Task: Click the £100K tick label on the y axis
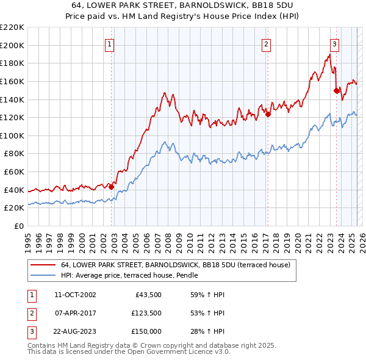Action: point(12,135)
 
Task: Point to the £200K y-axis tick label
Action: point(12,45)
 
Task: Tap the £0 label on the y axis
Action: point(19,226)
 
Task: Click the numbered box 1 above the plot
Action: point(109,43)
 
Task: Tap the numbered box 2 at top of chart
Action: point(267,43)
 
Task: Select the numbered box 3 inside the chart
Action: point(335,43)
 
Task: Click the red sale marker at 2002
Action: point(111,187)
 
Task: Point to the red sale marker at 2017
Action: point(268,114)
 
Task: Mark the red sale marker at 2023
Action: point(336,90)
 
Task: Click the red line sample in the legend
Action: point(43,265)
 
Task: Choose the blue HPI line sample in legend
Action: point(43,276)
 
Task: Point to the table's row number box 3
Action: point(31,331)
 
